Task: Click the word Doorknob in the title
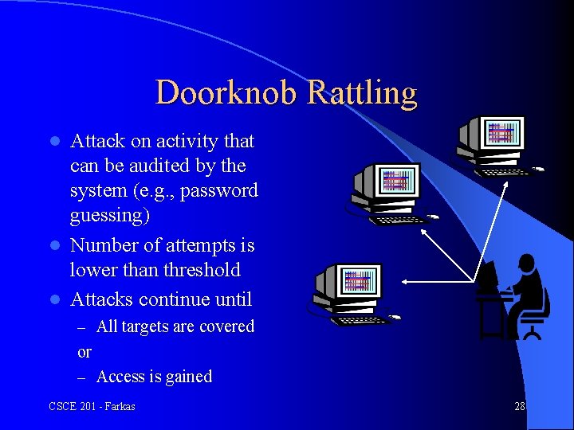point(226,93)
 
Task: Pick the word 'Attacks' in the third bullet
point(101,299)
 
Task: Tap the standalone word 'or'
point(85,352)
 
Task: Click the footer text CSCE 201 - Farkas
point(92,407)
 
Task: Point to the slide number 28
point(520,407)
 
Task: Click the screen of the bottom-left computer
point(358,282)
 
